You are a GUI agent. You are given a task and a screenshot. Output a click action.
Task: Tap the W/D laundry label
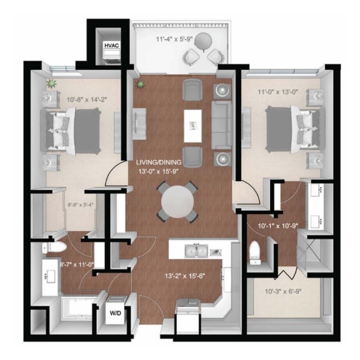click(116, 313)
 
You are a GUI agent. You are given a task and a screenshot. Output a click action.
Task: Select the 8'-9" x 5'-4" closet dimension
click(65, 203)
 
